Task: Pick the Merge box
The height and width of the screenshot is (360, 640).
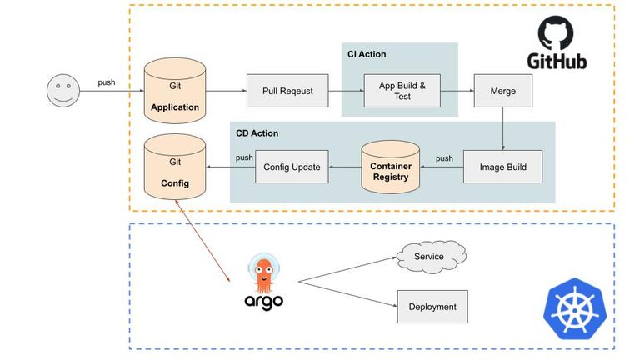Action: point(503,91)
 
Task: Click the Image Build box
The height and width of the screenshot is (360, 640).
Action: point(502,167)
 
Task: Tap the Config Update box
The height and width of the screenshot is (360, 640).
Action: point(292,167)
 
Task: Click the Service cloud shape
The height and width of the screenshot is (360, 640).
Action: point(429,256)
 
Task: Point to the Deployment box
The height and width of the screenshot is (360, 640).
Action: point(432,307)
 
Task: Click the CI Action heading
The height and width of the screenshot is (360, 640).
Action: point(367,54)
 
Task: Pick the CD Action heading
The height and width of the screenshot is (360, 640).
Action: point(257,132)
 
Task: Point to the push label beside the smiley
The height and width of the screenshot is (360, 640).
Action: point(107,82)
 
